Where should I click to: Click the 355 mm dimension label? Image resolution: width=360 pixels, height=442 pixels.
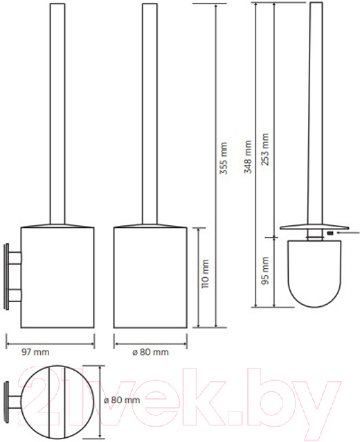point(224,158)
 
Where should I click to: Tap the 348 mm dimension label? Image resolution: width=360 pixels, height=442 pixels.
point(248,157)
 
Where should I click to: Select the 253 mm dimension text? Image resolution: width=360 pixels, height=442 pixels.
point(265,150)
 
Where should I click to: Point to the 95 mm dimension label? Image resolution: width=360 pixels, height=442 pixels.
point(265,271)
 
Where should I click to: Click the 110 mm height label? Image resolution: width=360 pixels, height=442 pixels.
point(206,274)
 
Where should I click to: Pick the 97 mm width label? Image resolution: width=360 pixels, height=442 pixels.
point(35,352)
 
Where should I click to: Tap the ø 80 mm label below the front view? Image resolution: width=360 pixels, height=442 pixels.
point(151,352)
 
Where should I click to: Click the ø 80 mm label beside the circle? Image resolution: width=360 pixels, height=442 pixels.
point(122,400)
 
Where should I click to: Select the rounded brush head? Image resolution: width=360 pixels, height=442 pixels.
point(314,274)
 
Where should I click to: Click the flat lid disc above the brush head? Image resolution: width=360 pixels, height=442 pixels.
point(314,227)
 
